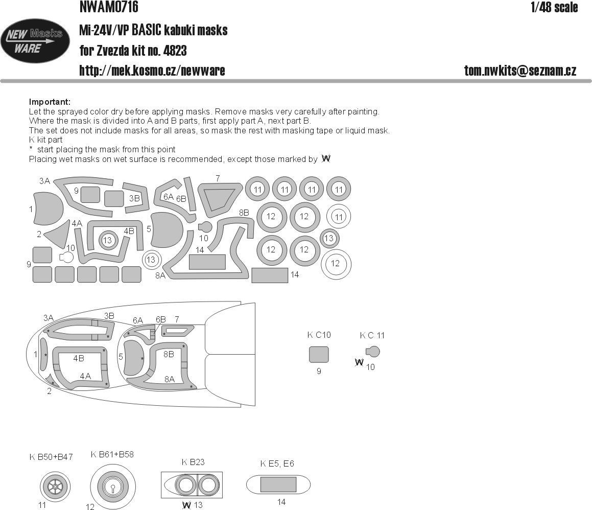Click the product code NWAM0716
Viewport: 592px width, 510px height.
[x=109, y=7]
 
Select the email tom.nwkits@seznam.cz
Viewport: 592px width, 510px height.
[x=520, y=71]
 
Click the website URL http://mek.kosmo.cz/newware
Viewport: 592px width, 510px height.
[x=152, y=71]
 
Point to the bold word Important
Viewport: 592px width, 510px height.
[x=50, y=102]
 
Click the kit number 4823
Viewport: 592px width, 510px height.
[x=173, y=51]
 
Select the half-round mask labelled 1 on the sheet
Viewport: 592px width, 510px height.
[x=48, y=208]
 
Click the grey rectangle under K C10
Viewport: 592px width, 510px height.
[x=319, y=355]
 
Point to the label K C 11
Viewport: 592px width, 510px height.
[x=372, y=335]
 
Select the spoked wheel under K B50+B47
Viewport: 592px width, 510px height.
[x=54, y=486]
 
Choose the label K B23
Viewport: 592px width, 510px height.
[x=193, y=462]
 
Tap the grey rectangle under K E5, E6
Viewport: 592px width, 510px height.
[x=278, y=484]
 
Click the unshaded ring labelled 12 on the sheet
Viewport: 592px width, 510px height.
[x=335, y=263]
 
